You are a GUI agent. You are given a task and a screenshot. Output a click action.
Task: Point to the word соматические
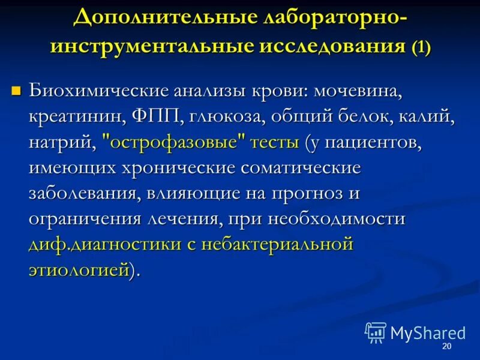302,169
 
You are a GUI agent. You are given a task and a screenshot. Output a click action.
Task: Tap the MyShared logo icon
376,332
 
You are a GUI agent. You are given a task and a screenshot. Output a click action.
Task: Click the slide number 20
446,347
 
